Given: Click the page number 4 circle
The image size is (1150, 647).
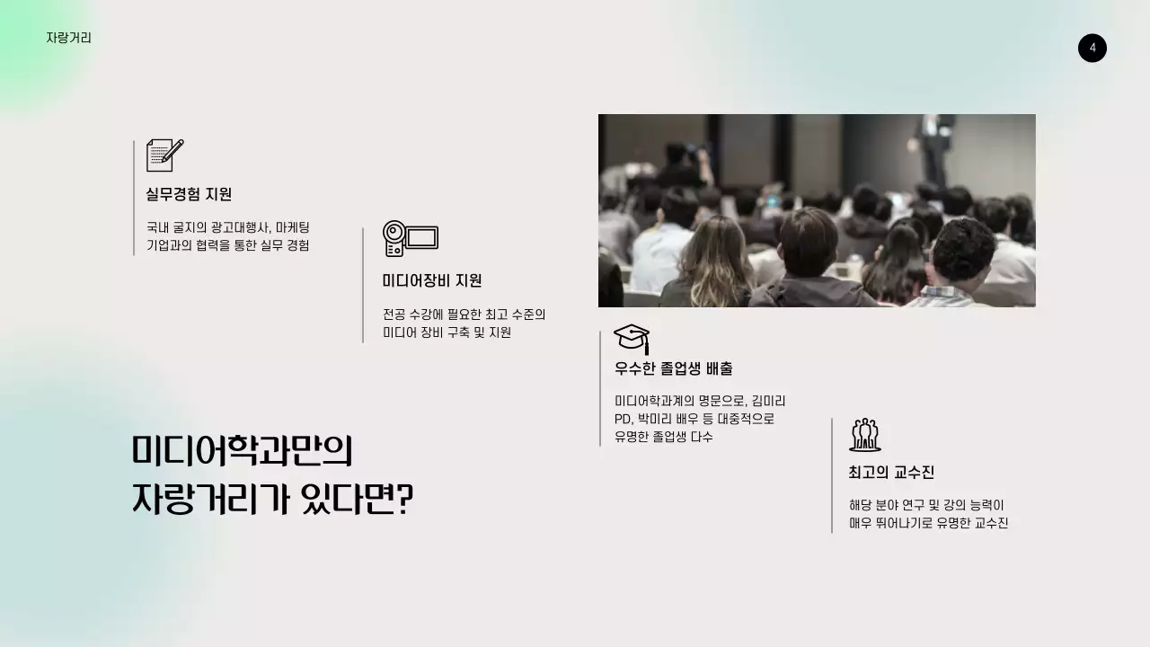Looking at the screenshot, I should [1092, 48].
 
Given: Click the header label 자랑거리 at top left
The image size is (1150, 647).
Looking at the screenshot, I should [68, 38].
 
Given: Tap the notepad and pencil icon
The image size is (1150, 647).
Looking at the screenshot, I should [164, 155].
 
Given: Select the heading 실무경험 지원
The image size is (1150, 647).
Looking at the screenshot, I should [189, 194].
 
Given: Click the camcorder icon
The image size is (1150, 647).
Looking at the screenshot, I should [410, 238].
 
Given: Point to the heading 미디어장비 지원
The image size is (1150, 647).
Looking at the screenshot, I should [432, 280].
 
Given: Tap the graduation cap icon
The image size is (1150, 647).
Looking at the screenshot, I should [632, 339].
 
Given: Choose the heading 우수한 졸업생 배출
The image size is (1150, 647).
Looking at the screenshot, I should [674, 368].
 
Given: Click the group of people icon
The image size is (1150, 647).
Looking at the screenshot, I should [864, 435].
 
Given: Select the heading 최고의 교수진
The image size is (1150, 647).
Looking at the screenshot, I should [891, 473].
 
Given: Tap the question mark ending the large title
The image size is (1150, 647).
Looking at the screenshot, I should [404, 500].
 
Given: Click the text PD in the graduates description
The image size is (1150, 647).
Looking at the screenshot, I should [623, 419].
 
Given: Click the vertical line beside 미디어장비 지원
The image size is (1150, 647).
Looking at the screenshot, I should [363, 285].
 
